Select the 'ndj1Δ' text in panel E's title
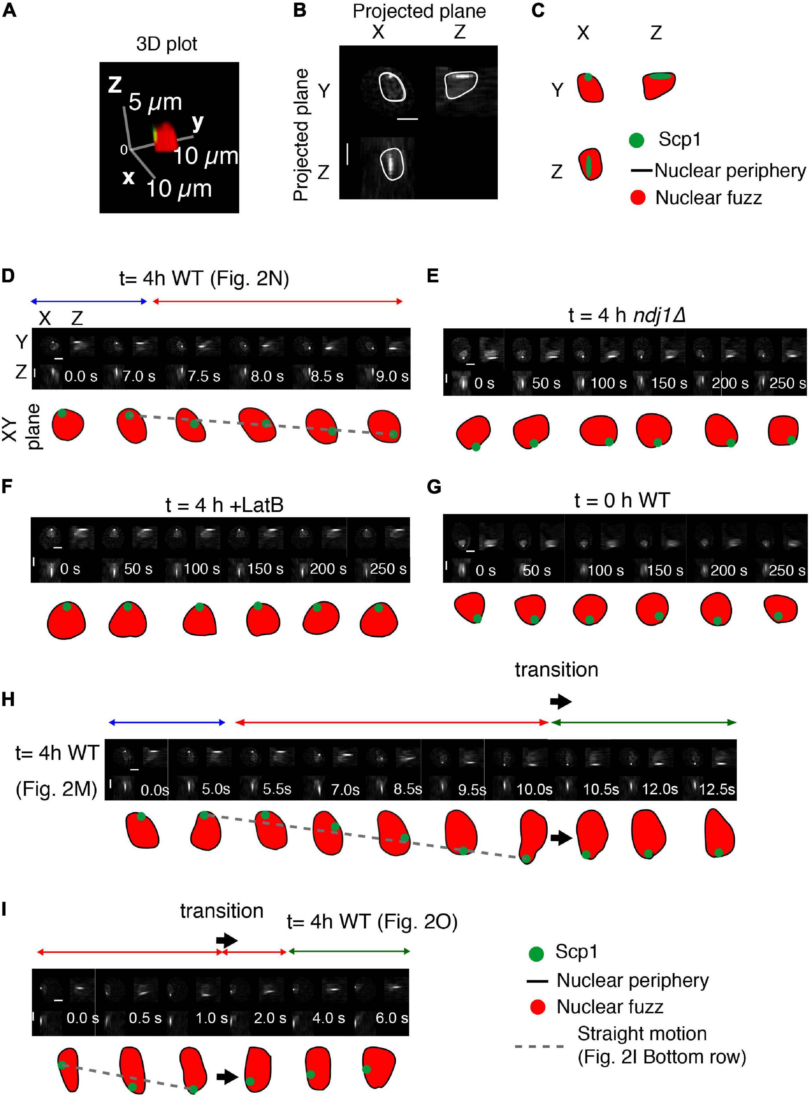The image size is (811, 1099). (x=659, y=314)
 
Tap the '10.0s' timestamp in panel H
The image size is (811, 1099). (x=534, y=790)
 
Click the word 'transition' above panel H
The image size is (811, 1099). (x=556, y=669)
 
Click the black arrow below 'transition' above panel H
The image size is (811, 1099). (x=561, y=702)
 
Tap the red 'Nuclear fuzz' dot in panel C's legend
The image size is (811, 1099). (x=637, y=198)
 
